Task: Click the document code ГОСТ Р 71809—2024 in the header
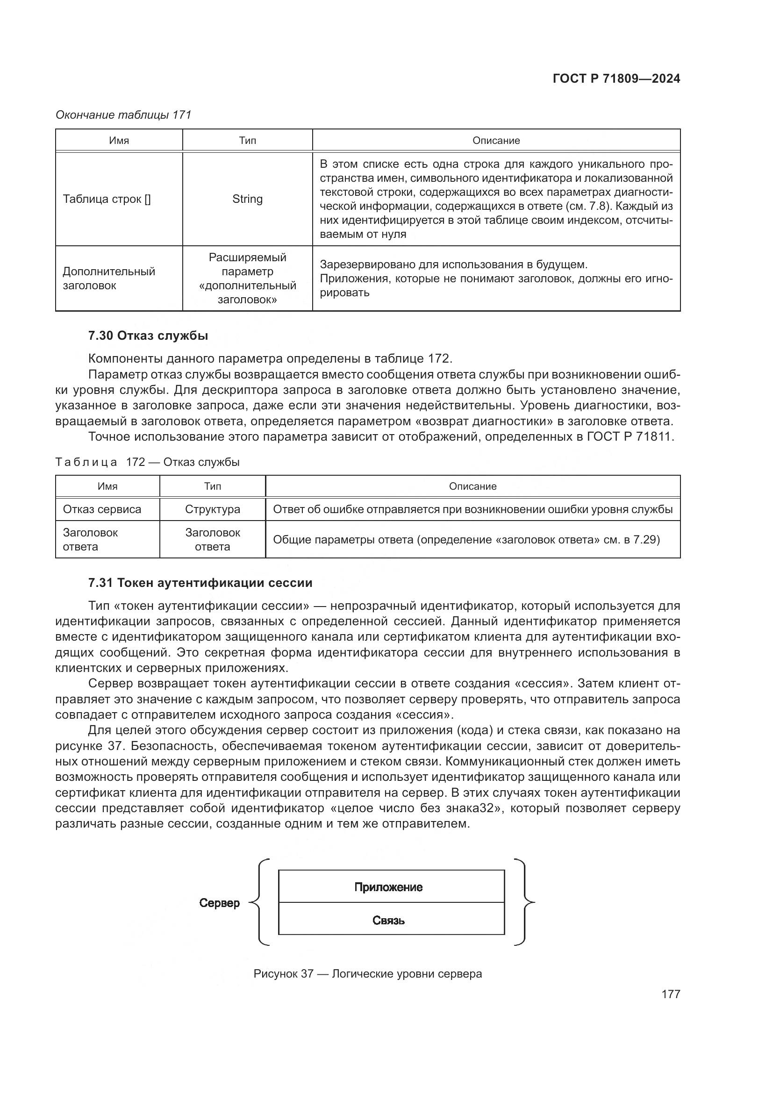click(x=616, y=79)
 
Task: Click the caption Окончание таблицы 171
click(x=123, y=115)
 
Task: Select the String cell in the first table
click(x=247, y=199)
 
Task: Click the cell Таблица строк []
click(x=107, y=199)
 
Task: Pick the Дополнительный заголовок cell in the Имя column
click(x=109, y=279)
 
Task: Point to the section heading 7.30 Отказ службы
click(x=148, y=336)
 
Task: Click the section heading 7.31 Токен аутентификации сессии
click(x=200, y=583)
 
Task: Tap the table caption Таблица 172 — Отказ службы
click(x=148, y=462)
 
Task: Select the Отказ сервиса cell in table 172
click(x=102, y=509)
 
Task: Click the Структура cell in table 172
click(x=212, y=509)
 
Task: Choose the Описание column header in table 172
click(x=472, y=486)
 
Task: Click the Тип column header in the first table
click(x=247, y=141)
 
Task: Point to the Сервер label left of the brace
click(x=220, y=903)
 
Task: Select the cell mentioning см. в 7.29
click(x=466, y=540)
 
